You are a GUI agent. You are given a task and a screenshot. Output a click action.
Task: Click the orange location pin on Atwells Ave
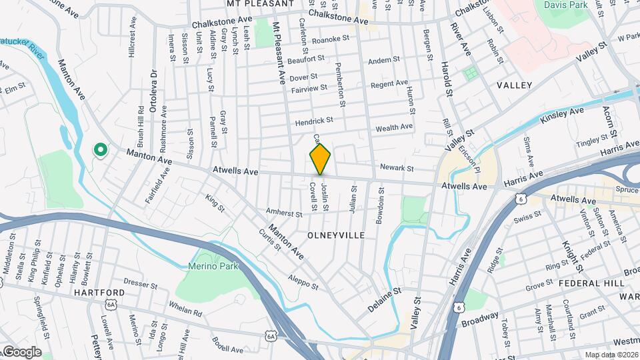pos(320,159)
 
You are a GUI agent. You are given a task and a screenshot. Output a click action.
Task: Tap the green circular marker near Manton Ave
pos(101,150)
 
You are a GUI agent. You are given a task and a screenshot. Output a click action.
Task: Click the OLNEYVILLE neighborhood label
pos(336,235)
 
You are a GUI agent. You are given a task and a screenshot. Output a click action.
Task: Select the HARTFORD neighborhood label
pos(100,293)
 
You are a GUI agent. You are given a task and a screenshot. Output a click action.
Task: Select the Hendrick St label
pos(315,121)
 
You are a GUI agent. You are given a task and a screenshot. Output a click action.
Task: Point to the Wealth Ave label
pos(395,127)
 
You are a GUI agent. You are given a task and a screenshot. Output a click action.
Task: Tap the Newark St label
pos(397,168)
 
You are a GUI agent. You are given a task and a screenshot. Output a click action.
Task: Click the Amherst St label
pos(285,211)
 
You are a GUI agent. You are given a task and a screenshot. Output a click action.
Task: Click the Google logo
pos(22,351)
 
